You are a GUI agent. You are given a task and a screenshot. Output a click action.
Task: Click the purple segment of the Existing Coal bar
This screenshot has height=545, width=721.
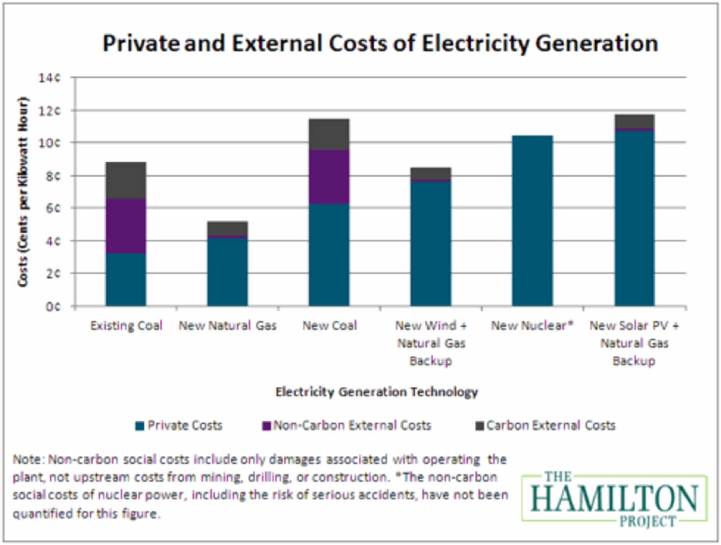click(126, 226)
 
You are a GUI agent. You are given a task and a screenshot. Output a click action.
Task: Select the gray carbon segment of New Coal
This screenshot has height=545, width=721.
click(329, 134)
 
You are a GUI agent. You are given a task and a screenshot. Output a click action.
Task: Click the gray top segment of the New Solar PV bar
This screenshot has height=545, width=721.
click(634, 121)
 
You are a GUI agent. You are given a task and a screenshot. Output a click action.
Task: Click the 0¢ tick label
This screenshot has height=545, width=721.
click(53, 306)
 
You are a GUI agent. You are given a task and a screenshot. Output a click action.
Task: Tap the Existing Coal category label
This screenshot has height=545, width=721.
click(126, 326)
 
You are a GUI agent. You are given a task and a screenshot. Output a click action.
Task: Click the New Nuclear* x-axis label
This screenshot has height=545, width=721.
click(532, 326)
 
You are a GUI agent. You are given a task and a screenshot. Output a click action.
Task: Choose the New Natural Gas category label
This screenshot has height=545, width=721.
click(227, 326)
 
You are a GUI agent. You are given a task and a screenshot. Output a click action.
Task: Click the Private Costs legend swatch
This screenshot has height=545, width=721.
click(139, 426)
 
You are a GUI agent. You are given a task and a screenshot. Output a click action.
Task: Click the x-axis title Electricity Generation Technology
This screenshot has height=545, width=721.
click(377, 392)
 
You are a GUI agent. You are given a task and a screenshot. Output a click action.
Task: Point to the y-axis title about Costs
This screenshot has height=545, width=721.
click(24, 191)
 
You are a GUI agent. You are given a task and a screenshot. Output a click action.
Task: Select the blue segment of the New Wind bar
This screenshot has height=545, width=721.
click(431, 243)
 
